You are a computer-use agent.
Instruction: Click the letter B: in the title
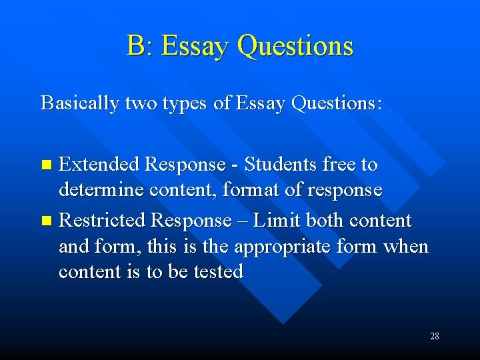coord(140,46)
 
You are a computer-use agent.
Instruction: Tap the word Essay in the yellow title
coord(195,46)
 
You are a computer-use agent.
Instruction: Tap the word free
coord(339,164)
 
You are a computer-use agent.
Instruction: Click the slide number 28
coord(434,336)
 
